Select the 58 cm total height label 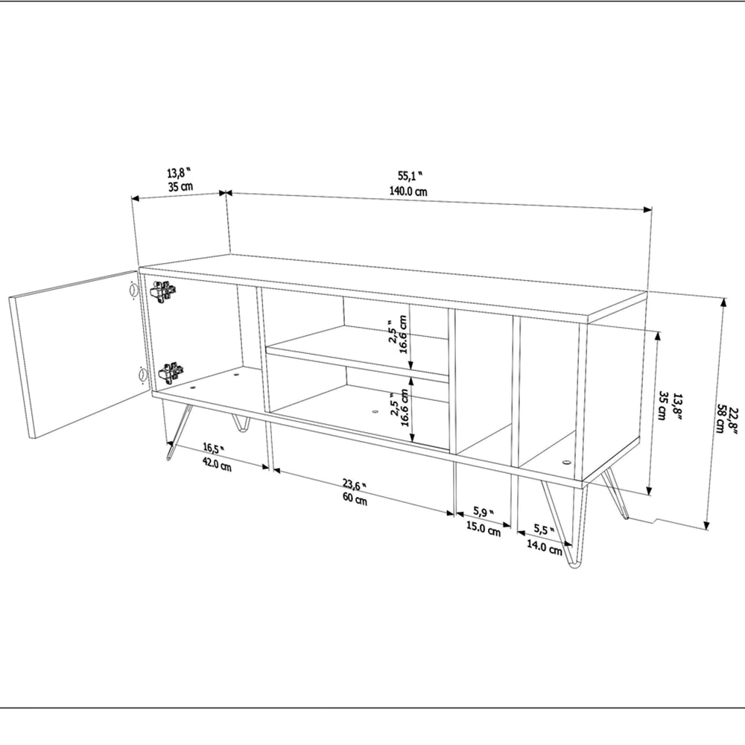721,419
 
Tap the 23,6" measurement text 352,486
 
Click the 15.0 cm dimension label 484,528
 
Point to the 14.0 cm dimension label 545,548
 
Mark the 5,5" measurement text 545,530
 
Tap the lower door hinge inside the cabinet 171,371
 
